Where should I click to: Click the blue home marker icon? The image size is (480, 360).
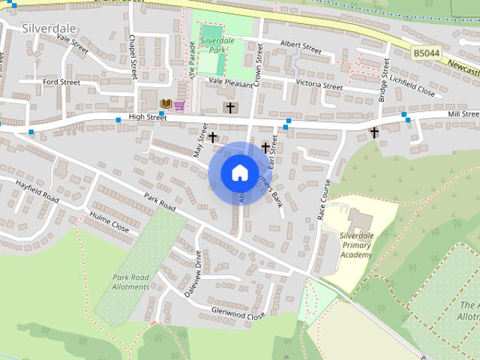[239, 172]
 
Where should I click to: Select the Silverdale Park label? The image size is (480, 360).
[218, 46]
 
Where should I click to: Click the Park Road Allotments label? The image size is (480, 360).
[130, 283]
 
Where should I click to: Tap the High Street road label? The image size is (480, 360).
[147, 117]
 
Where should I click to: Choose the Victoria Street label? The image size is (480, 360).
[319, 85]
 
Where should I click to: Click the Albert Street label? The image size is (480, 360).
[300, 46]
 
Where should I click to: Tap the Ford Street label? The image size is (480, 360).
[61, 82]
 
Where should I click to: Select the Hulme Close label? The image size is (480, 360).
[109, 223]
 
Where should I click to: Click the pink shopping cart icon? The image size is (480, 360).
[180, 105]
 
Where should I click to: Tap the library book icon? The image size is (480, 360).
[166, 103]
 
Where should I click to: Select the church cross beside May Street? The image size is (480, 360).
[214, 137]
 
